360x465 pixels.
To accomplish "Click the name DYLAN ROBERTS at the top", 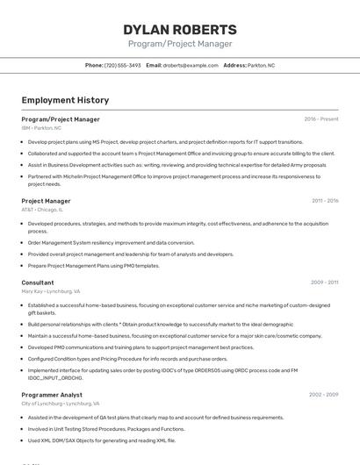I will pyautogui.click(x=180, y=29).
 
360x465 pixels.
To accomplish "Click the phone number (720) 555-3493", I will pyautogui.click(x=122, y=65).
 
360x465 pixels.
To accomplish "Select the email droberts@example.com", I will pyautogui.click(x=191, y=65).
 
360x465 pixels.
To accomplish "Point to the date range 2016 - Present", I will pyautogui.click(x=321, y=119).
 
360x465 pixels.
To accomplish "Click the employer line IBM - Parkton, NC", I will pyautogui.click(x=41, y=128).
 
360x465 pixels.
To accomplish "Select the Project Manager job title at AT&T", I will pyautogui.click(x=46, y=201).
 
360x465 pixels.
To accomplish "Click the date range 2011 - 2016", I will pyautogui.click(x=325, y=201).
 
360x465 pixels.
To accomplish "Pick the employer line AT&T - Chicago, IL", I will pyautogui.click(x=42, y=210).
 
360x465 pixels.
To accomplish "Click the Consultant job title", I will pyautogui.click(x=38, y=283).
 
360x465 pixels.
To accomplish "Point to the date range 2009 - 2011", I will pyautogui.click(x=324, y=283).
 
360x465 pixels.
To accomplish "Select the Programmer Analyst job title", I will pyautogui.click(x=52, y=395).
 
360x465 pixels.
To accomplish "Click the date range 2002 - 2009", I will pyautogui.click(x=324, y=395).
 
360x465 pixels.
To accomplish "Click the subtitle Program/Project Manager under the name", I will pyautogui.click(x=180, y=44).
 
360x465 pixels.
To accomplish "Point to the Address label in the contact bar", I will pyautogui.click(x=234, y=65).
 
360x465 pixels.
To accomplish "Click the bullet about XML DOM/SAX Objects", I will pyautogui.click(x=102, y=440).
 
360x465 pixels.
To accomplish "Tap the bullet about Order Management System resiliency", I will pyautogui.click(x=112, y=243).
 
